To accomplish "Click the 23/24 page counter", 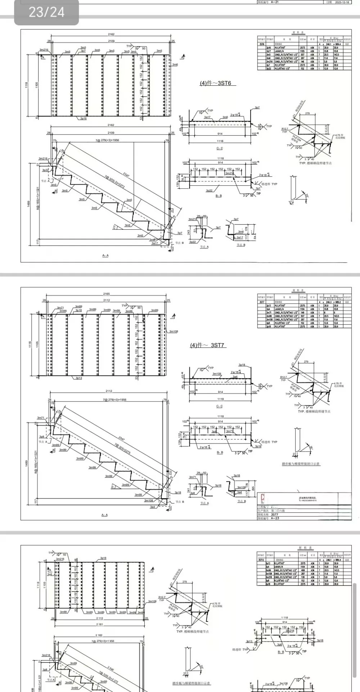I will click(x=46, y=13).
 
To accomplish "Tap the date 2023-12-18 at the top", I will click(x=343, y=2).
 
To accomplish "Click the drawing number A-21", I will click(x=275, y=2).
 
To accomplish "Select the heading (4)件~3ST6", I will click(x=216, y=83).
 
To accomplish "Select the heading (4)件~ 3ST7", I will click(x=207, y=345).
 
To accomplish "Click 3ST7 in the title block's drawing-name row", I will click(x=275, y=514).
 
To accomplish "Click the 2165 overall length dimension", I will click(x=107, y=294).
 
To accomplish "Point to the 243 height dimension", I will click(x=189, y=232).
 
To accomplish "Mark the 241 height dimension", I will click(x=189, y=490).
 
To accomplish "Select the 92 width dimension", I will click(x=204, y=473).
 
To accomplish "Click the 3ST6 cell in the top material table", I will click(x=262, y=44).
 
